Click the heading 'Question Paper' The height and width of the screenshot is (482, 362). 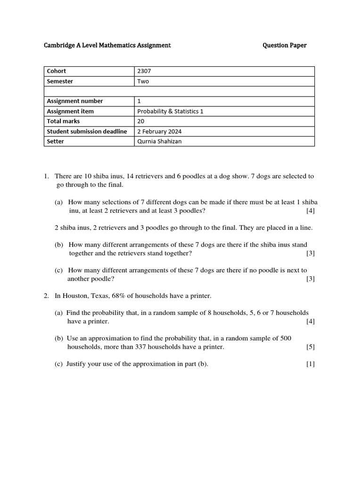(x=284, y=45)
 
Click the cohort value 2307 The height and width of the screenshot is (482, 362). (x=144, y=71)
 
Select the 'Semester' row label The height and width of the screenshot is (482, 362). (x=60, y=81)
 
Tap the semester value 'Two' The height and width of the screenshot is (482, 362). (x=143, y=81)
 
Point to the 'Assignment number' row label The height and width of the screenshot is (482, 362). (x=74, y=101)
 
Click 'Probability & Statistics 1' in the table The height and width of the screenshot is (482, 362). (x=170, y=112)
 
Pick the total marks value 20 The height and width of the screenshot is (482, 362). (x=141, y=121)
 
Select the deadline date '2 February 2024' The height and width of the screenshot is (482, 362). (x=160, y=131)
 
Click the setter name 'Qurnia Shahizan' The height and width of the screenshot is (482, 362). (x=159, y=141)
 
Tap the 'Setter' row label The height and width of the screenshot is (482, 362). (x=55, y=141)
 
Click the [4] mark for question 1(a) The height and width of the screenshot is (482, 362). (x=310, y=210)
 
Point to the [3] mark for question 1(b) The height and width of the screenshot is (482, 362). (x=310, y=253)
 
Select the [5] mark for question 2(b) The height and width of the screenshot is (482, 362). (x=310, y=347)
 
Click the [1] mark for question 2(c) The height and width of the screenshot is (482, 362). (x=310, y=364)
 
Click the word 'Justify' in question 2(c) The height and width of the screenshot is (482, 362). (x=76, y=364)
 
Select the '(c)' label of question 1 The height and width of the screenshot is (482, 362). (x=59, y=270)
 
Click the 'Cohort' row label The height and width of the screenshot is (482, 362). (x=57, y=71)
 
